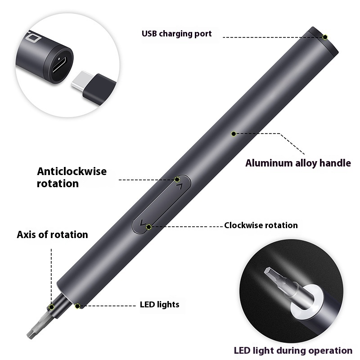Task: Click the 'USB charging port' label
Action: pos(176,33)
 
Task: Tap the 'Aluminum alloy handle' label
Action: pos(297,163)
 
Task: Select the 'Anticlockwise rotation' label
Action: pos(72,177)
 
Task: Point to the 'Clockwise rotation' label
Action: pos(261,225)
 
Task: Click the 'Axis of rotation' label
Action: pos(52,234)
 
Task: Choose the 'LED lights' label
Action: pos(159,305)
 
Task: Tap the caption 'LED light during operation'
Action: pos(293,350)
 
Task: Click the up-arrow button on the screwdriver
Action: pos(179,185)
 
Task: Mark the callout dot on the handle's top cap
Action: pos(325,36)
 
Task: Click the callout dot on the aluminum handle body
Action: pos(234,133)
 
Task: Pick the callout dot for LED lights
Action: pos(78,306)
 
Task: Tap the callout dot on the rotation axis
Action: pos(52,307)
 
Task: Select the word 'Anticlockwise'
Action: pos(72,171)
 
